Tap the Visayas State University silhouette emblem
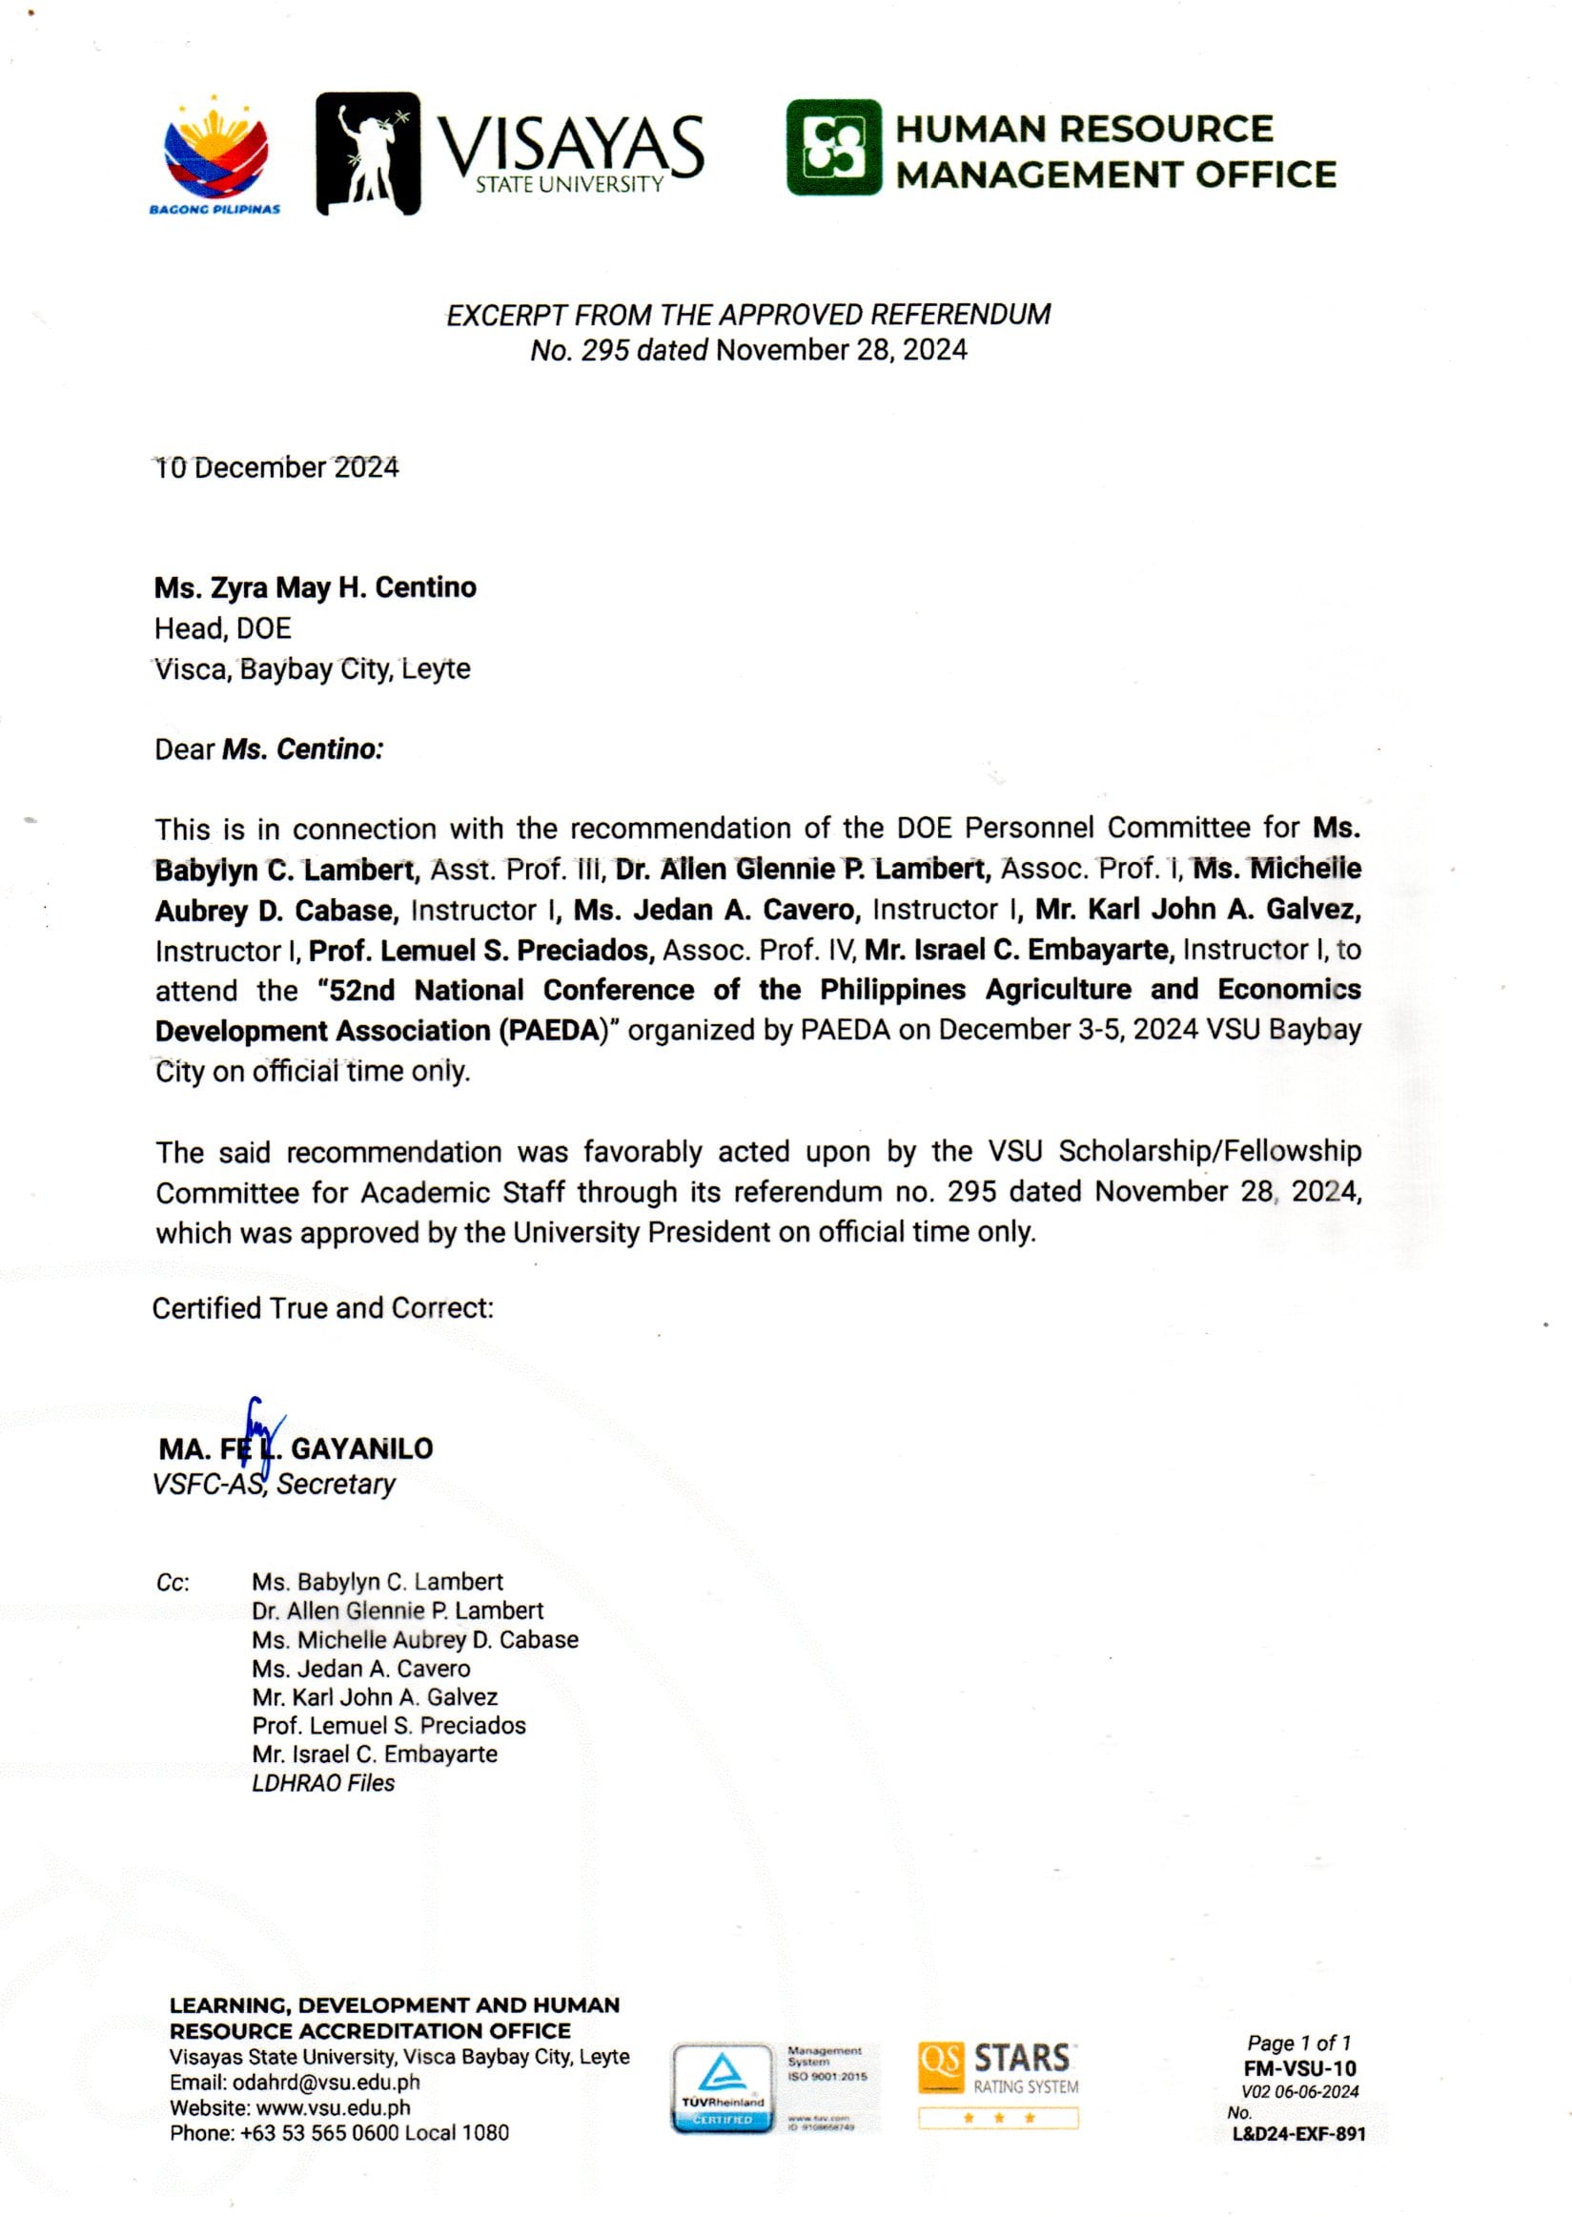click(x=368, y=153)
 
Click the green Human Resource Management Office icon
click(x=833, y=147)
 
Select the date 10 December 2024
click(x=276, y=467)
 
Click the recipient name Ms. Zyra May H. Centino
click(x=315, y=587)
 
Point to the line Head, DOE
click(x=223, y=628)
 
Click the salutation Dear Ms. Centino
click(x=269, y=749)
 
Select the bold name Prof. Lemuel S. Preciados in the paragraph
click(x=481, y=951)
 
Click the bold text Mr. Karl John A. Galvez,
click(x=1197, y=910)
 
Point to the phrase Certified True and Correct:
click(x=322, y=1308)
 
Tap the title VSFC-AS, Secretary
click(x=274, y=1484)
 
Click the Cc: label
click(x=173, y=1583)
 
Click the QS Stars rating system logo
click(x=998, y=2084)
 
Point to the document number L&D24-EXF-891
click(x=1298, y=2134)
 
